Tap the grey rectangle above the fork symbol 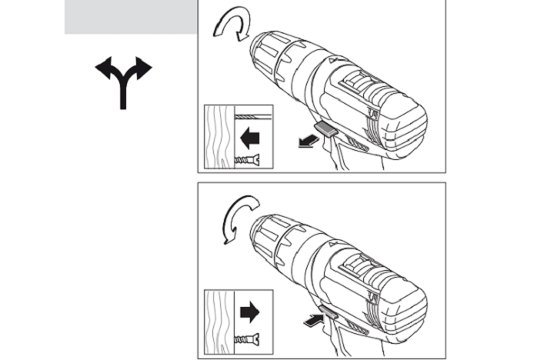coord(129,17)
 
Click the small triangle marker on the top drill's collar coord(332,59)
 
